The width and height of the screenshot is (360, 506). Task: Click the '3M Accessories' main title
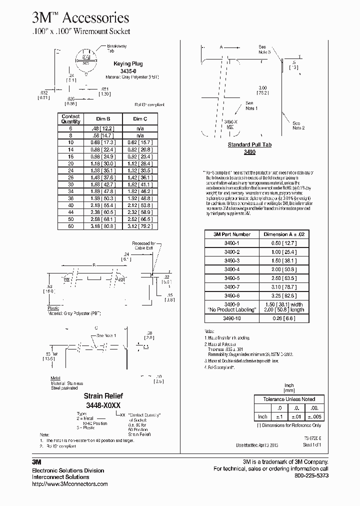(80, 18)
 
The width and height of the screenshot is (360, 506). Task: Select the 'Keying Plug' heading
(129, 64)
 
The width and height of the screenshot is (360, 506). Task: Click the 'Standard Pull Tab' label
(249, 145)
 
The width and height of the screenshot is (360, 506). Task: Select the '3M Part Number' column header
(231, 234)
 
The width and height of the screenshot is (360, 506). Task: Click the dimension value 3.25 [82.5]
(283, 296)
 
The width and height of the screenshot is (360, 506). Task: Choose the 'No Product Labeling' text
(232, 310)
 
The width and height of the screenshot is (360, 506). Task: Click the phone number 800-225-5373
(310, 475)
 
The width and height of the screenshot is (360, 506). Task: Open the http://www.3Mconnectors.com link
(69, 484)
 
